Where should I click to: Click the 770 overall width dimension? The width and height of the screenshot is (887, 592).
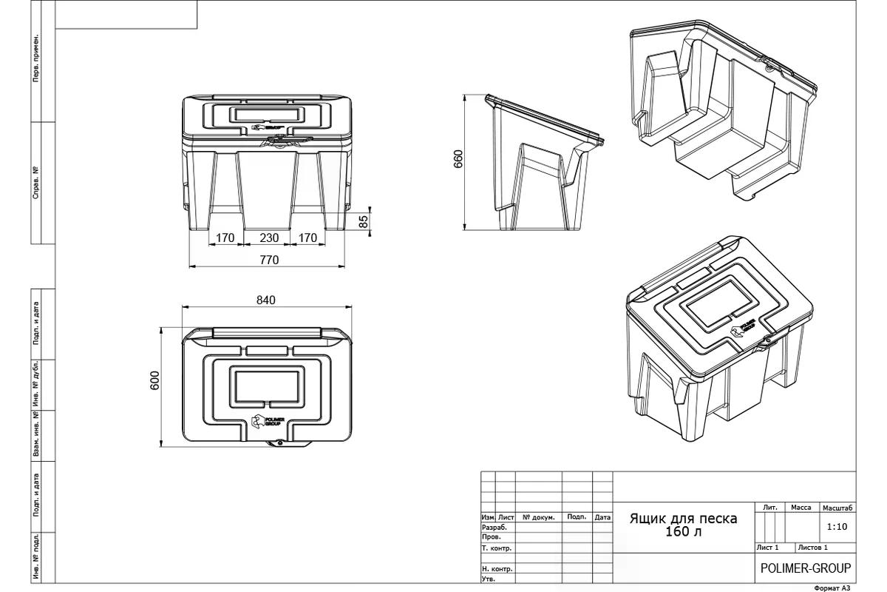click(x=269, y=260)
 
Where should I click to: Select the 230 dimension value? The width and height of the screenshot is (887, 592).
click(x=269, y=238)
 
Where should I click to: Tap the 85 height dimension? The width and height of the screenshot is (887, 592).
click(x=364, y=221)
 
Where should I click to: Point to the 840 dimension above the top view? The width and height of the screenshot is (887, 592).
click(x=265, y=300)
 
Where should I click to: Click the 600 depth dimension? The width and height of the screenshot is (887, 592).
click(x=154, y=380)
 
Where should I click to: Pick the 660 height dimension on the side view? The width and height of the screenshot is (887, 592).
click(x=458, y=159)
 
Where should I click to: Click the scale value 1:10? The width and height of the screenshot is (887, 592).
click(x=837, y=527)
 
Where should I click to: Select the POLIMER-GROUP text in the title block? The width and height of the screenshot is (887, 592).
click(x=806, y=568)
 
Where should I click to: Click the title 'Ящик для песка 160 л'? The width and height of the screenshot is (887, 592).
click(x=684, y=525)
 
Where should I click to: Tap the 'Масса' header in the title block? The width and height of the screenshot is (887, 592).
click(x=801, y=508)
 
